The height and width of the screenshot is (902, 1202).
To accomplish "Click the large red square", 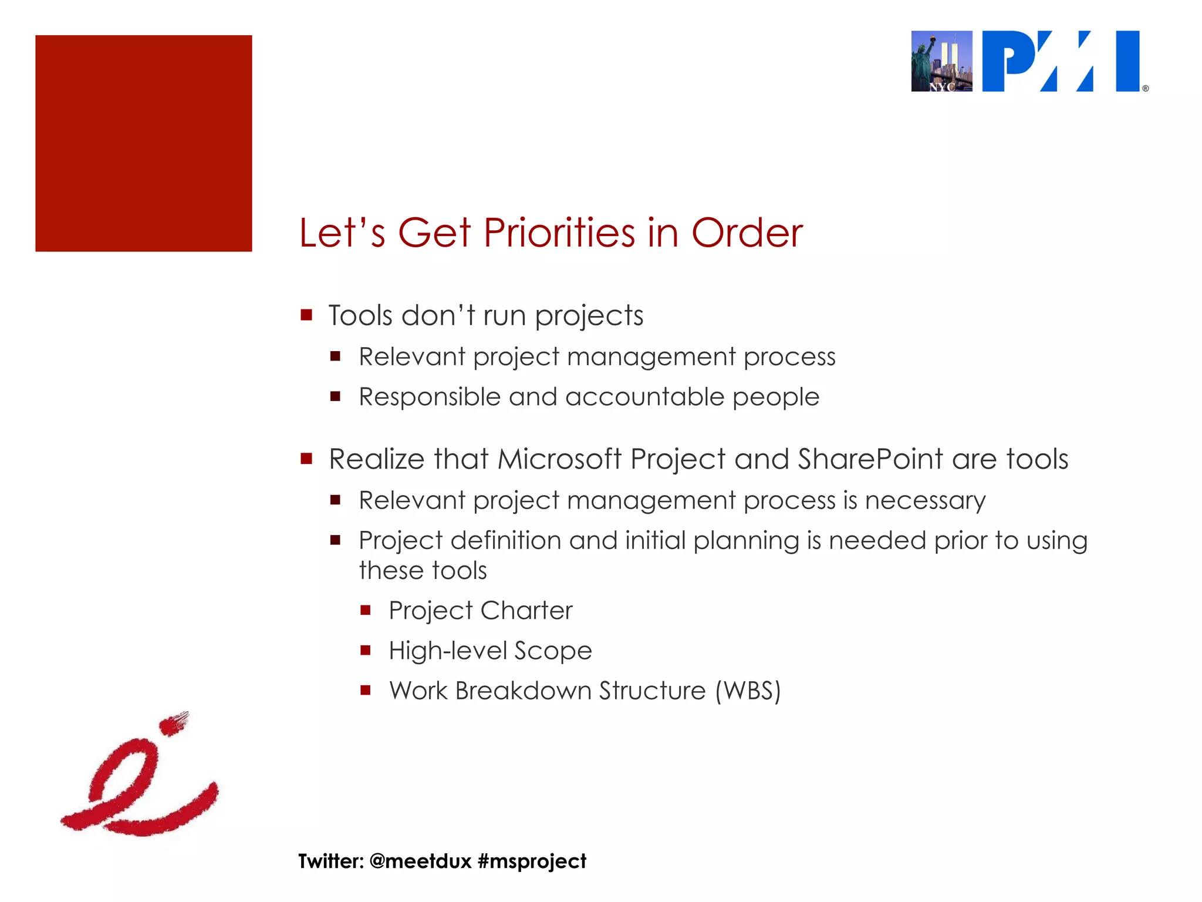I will tap(144, 143).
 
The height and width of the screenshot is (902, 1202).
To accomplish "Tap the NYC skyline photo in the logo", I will tap(941, 61).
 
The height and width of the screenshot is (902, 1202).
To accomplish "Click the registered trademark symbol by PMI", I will tap(1145, 89).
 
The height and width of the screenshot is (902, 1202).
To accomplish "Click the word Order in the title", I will tap(747, 233).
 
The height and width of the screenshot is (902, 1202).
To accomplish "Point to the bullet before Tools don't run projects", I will tap(306, 315).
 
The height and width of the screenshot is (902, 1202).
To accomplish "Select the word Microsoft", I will tap(559, 459).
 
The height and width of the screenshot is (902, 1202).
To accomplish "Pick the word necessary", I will tap(925, 500).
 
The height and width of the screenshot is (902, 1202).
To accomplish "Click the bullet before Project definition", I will tap(336, 540).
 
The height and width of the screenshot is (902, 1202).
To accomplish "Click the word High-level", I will tap(448, 651).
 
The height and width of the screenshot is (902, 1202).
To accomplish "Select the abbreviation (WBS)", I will tap(748, 691).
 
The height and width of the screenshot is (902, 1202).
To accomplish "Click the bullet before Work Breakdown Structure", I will tap(366, 691).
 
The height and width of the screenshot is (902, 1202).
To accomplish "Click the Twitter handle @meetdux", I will tap(421, 861).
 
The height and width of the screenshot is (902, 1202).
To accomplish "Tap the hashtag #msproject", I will tap(532, 861).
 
